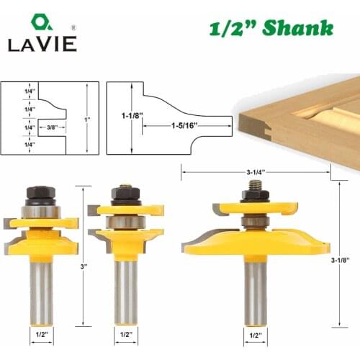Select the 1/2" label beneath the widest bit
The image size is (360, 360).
coord(255,334)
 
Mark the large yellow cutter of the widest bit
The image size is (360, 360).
coord(256,241)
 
